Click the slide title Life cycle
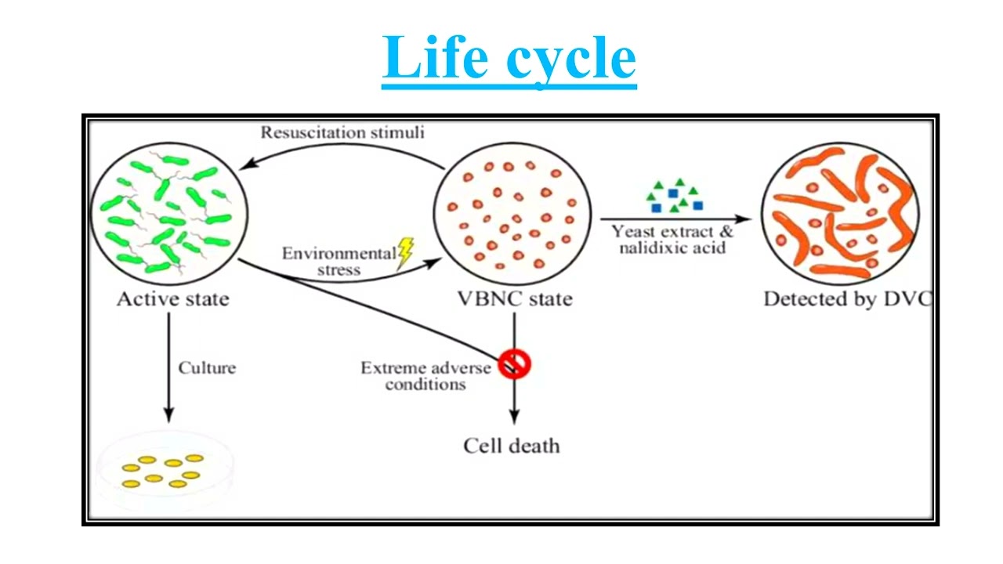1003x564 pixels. click(x=509, y=59)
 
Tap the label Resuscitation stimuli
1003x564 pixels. click(x=342, y=132)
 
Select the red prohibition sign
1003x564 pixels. click(x=514, y=363)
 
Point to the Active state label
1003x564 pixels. click(x=172, y=299)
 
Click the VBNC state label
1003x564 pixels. click(x=514, y=299)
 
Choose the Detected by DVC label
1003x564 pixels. click(x=846, y=299)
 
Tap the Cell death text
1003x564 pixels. click(x=512, y=446)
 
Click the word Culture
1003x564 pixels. click(x=207, y=367)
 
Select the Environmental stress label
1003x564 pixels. click(x=339, y=262)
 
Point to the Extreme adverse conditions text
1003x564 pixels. click(x=425, y=376)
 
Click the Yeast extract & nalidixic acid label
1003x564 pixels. click(x=672, y=240)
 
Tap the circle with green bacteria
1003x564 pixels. click(x=168, y=208)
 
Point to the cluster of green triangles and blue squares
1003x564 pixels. click(x=674, y=197)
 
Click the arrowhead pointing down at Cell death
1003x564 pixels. click(x=514, y=417)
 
